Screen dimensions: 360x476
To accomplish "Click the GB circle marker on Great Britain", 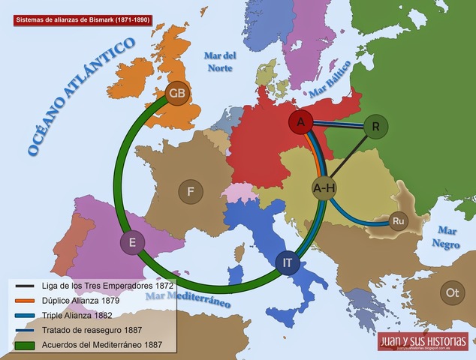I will [177, 94].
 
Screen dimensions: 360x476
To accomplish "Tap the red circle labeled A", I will [300, 122].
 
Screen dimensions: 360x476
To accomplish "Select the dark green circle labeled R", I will [375, 127].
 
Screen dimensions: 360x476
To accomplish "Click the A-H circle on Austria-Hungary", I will [324, 188].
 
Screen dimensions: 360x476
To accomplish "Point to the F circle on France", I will [191, 192].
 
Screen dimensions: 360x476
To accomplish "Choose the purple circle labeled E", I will [132, 243].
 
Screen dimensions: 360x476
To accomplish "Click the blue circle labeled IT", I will [288, 262].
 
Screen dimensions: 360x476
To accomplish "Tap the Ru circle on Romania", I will [398, 221].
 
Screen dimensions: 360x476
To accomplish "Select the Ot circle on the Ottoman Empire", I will [452, 292].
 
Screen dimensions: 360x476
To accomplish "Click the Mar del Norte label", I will [221, 61].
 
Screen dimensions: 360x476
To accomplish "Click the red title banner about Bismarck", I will [82, 20].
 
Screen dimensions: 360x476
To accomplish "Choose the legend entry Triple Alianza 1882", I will [80, 316].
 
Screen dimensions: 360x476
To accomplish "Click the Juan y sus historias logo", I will [423, 342].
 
